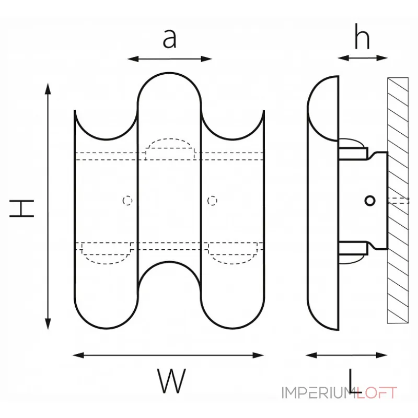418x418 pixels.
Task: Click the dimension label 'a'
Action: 169,38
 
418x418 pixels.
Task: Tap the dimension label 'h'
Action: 362,37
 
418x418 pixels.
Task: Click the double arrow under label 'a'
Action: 169,59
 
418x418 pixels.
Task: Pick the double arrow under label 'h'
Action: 362,57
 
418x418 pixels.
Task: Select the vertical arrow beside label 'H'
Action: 49,206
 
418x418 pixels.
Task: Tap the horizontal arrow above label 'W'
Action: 168,355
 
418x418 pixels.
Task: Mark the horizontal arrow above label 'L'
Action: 346,355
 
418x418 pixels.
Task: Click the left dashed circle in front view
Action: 126,200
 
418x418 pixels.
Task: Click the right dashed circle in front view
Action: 212,200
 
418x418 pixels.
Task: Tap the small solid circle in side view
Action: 369,200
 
